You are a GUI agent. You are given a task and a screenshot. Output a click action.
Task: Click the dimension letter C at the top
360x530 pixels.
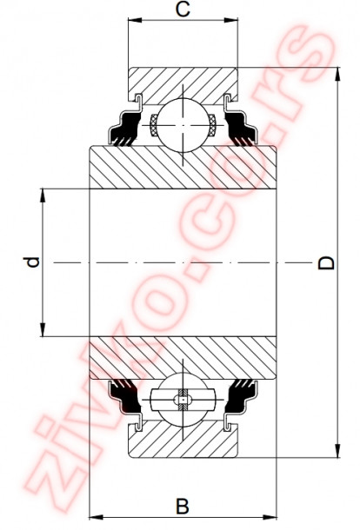(x=183, y=10)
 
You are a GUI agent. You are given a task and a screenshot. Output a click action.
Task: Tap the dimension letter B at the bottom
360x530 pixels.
(x=182, y=505)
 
